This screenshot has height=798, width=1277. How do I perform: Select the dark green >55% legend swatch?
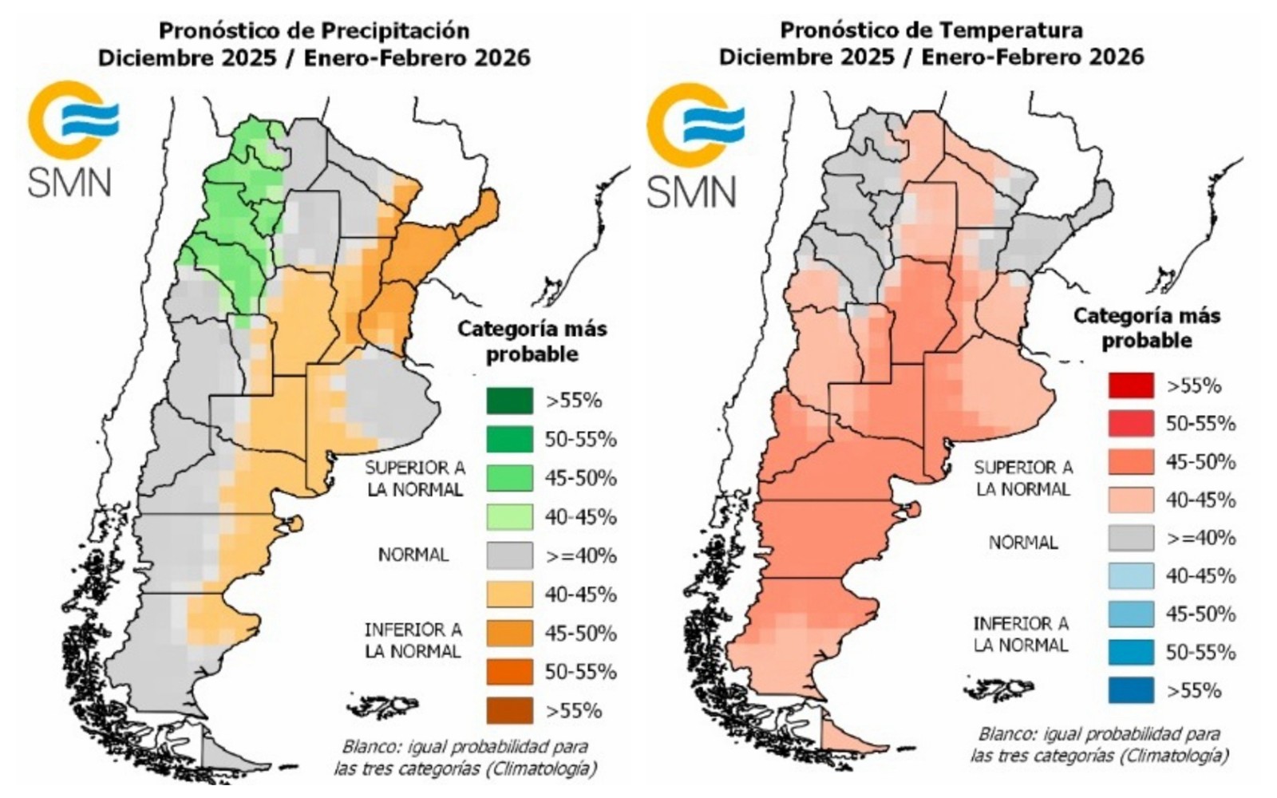509,401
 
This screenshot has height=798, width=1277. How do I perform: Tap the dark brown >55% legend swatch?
509,710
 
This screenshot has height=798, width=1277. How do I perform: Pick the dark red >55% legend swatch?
1130,385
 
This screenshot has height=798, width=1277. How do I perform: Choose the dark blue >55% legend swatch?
1130,690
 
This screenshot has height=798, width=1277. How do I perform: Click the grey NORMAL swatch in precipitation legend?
509,555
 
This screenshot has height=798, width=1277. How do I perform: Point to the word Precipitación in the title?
394,31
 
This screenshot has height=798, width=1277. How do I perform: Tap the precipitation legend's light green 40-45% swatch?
509,517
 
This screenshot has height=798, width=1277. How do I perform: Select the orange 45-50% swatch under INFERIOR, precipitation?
509,633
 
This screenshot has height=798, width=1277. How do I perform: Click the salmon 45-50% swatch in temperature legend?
1130,462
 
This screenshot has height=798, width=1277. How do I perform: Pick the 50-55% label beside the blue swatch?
1200,653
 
